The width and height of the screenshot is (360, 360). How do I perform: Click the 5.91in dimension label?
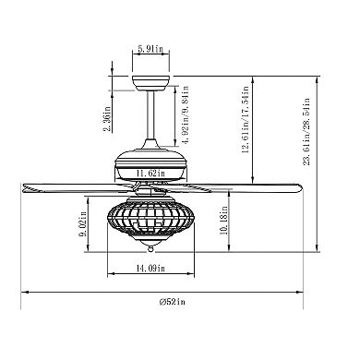point(150,49)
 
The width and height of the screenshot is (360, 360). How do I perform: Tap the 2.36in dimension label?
point(107,119)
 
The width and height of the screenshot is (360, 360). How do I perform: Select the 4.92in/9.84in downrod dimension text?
point(185,115)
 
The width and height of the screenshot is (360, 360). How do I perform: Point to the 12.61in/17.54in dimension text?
point(245,120)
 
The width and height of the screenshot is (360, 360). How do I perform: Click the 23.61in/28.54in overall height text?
point(306,132)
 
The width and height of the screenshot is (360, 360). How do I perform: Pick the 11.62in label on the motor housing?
point(150,173)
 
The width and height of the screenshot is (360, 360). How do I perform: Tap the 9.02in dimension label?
point(82,228)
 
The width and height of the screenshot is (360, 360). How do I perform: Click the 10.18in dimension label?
point(223,220)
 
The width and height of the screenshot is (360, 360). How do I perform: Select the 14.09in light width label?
point(150,269)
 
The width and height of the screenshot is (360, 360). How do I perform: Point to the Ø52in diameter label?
point(173,302)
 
